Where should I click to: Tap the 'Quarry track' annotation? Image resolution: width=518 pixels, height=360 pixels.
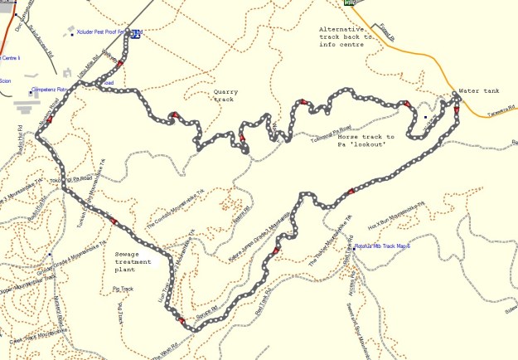coord(225,95)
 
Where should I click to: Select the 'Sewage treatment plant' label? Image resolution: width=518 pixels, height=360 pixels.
coord(134,259)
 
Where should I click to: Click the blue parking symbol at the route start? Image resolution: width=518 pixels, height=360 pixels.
coord(135,34)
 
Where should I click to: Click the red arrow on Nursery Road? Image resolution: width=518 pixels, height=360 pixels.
coord(49,120)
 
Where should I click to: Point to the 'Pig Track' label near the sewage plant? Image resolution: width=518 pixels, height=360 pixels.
coord(123,289)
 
